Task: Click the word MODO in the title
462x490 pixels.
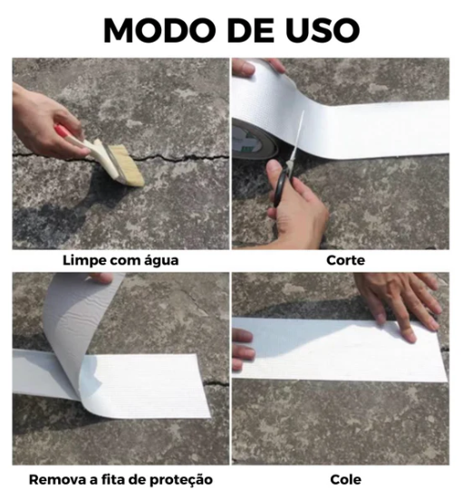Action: pos(159,30)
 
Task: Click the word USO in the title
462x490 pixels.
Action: pos(322,30)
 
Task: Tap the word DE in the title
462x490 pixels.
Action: pos(251,30)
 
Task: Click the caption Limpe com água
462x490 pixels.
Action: pos(120,260)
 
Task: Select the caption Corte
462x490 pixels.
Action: pos(346,260)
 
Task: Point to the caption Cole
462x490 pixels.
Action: pos(346,479)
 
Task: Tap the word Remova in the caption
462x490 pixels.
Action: pos(52,479)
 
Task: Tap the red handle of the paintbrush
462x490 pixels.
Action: pos(62,131)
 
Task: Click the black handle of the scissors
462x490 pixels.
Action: pos(281,186)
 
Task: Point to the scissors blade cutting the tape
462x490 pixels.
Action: pos(297,138)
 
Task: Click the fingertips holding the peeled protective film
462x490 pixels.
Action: pos(101,277)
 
